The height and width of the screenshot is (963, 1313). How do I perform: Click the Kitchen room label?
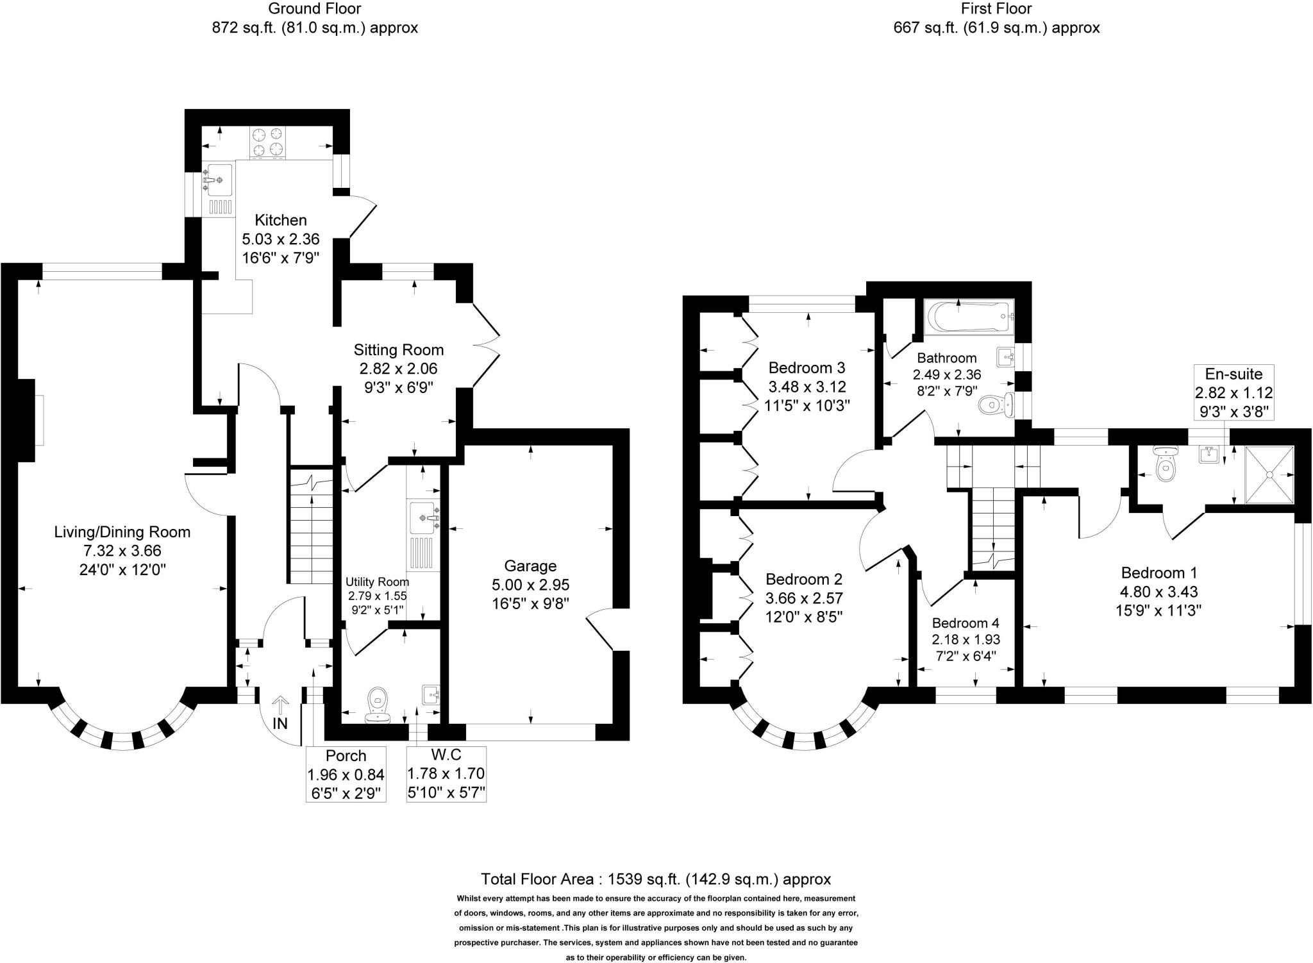pos(281,221)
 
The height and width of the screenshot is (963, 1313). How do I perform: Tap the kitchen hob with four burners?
pos(267,142)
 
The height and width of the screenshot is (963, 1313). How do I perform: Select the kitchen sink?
pos(218,180)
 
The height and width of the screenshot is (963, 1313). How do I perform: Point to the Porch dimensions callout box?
pos(346,774)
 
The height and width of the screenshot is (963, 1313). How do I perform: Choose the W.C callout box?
pos(446,774)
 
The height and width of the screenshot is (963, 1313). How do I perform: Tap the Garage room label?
pos(530,566)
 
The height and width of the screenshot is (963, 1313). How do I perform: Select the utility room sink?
pos(424,517)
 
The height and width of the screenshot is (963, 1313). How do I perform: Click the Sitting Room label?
pos(399,350)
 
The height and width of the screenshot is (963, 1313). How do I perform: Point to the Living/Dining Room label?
pos(122,532)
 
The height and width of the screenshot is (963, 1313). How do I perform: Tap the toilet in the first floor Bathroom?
pos(996,404)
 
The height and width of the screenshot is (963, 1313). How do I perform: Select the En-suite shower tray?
pos(1269,474)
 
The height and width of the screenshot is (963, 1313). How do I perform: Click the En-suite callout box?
pos(1234,392)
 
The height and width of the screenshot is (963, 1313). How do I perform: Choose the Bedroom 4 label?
pos(966,623)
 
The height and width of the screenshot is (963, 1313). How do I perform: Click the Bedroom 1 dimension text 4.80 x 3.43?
pos(1159,592)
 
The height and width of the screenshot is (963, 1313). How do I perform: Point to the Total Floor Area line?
pos(656,878)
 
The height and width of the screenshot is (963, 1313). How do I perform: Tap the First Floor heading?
pos(996,9)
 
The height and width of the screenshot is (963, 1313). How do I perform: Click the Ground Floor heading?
pos(314,9)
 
